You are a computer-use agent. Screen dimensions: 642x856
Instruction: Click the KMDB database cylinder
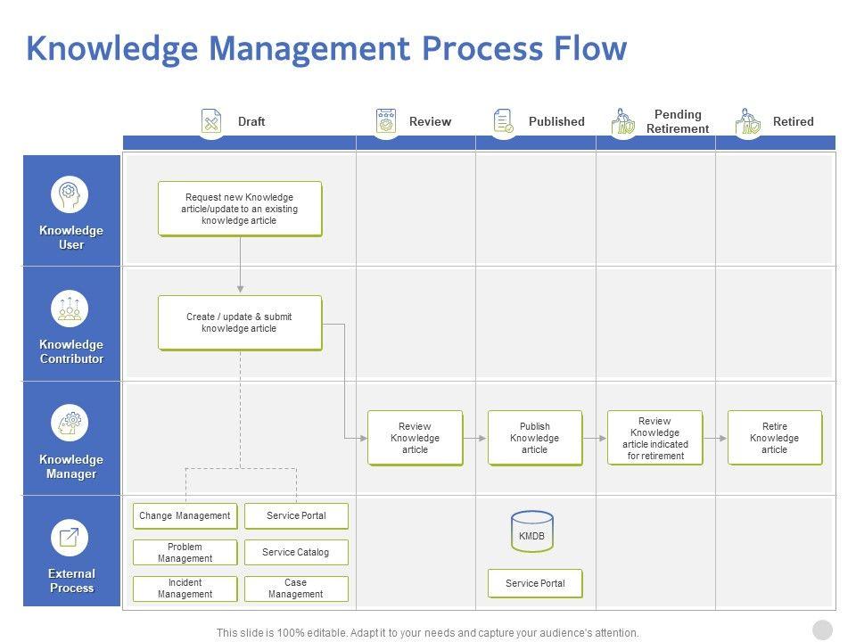point(532,531)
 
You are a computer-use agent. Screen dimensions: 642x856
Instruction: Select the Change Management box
point(185,516)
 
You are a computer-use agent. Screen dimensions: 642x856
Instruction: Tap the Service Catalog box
point(296,552)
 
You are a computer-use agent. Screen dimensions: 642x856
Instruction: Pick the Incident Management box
point(185,588)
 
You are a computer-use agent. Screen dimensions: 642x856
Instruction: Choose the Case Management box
point(296,588)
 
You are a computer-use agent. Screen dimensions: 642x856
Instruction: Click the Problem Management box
point(185,553)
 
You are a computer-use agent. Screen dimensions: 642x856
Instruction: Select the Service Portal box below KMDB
point(535,583)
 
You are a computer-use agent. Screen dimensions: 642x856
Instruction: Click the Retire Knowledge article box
point(775,438)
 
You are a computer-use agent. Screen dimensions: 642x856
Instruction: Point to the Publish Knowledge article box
point(535,438)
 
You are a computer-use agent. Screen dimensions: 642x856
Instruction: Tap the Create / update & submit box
point(240,323)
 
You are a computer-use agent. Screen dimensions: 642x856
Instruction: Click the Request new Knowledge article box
point(240,209)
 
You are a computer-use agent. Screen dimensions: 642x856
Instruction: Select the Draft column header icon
point(211,121)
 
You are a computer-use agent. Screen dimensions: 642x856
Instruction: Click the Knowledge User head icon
point(70,193)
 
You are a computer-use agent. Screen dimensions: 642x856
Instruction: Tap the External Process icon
point(70,537)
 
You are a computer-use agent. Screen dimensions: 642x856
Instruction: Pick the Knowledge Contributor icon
point(70,308)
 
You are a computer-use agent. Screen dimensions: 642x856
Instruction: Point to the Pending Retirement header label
point(678,121)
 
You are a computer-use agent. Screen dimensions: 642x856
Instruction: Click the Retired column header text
point(794,121)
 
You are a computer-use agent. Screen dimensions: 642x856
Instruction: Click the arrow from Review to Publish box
point(475,438)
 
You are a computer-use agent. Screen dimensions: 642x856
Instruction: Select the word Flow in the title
point(588,48)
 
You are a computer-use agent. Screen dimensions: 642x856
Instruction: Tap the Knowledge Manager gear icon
point(70,422)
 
